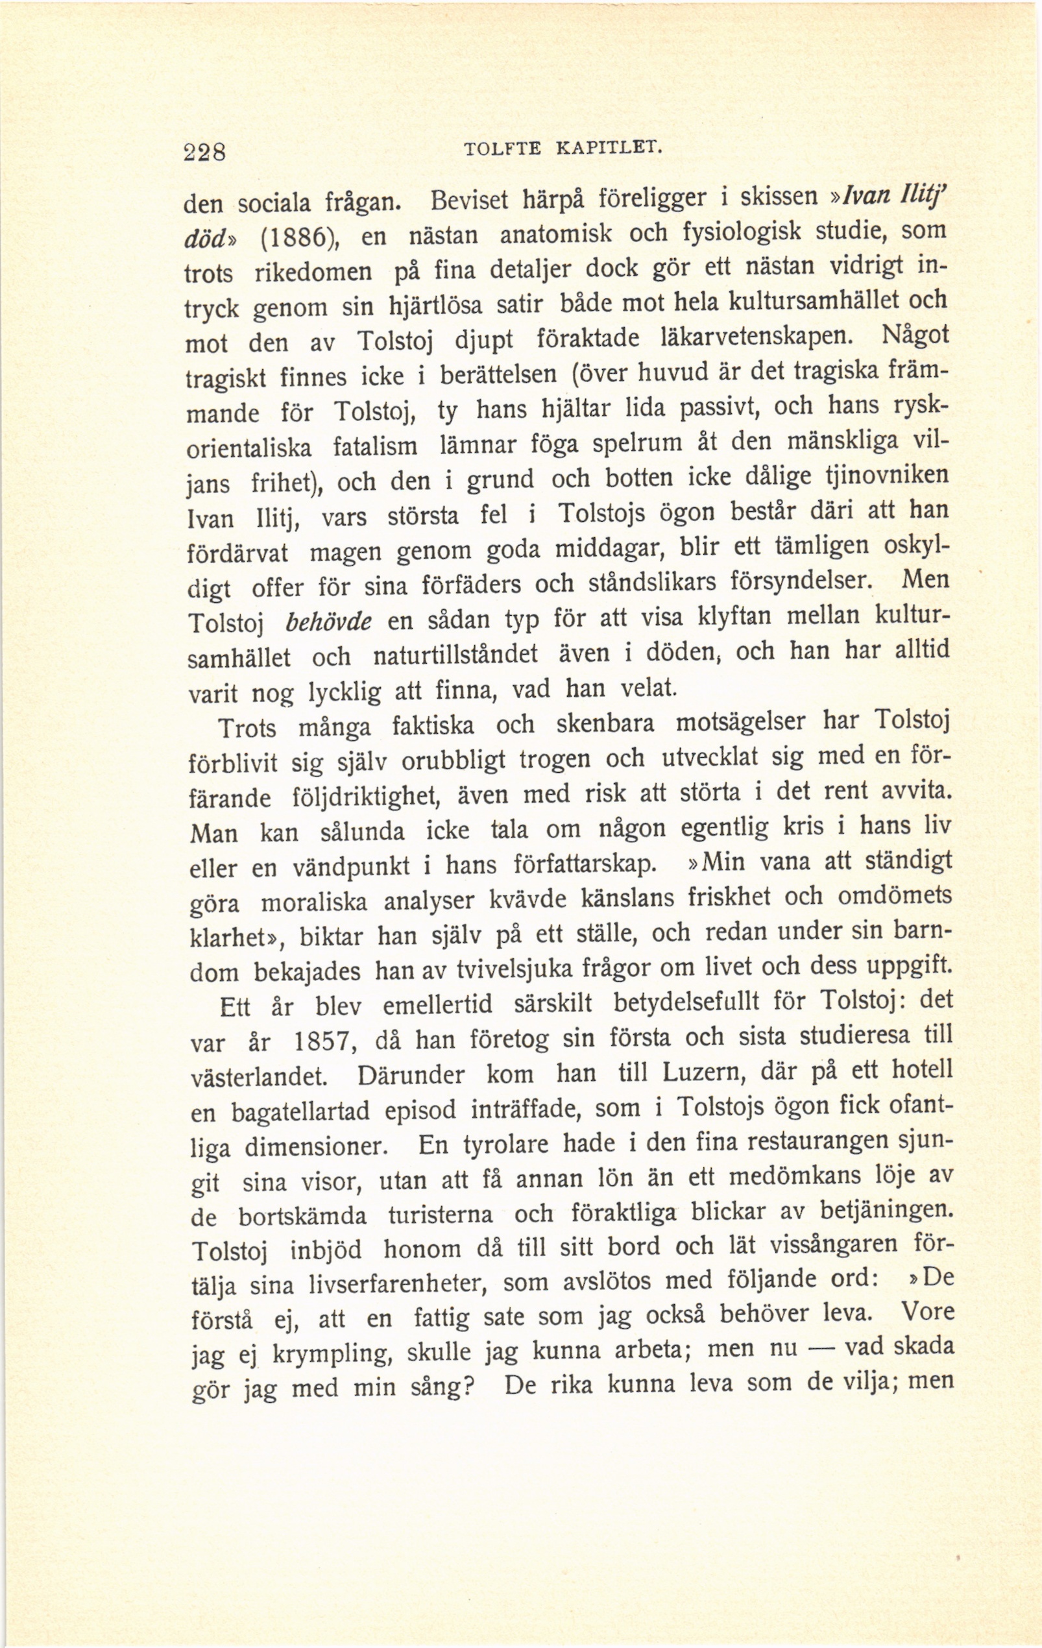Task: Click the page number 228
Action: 205,151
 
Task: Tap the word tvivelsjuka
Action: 511,971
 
